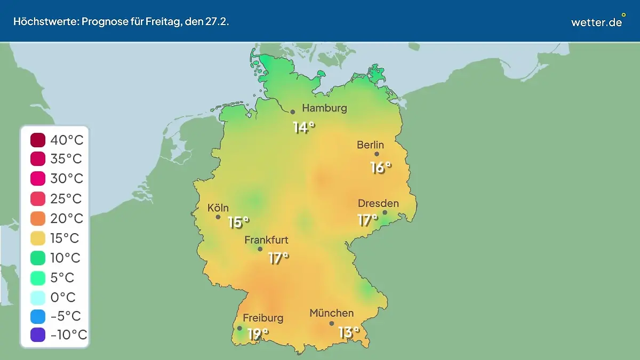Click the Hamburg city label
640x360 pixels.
tap(324, 108)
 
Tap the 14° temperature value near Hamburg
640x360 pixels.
tap(303, 128)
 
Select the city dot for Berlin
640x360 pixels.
tap(377, 154)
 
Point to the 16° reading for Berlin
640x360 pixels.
tap(381, 167)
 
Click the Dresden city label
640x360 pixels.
tap(378, 203)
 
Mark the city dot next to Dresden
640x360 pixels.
tap(385, 212)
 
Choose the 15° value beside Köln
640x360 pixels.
tap(238, 222)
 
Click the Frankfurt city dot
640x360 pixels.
tap(260, 249)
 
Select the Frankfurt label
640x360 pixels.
tap(266, 240)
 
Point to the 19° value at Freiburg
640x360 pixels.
tap(258, 334)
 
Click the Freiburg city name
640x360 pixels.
tap(263, 318)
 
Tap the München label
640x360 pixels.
tap(331, 313)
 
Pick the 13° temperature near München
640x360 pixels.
tap(349, 333)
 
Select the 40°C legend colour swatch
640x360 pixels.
tap(38, 141)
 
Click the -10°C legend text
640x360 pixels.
tap(68, 335)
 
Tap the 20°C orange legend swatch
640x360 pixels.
tap(38, 219)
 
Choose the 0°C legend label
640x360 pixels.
tap(63, 297)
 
